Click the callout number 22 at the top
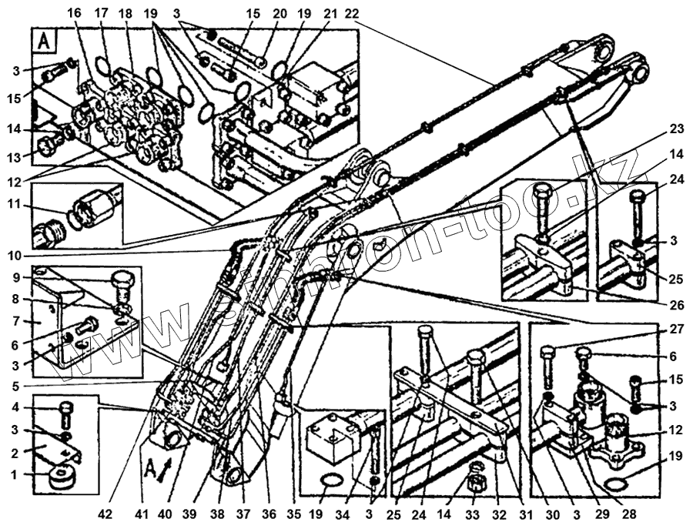pos(351,14)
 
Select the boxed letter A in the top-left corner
pos(43,40)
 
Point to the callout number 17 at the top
pos(102,14)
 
